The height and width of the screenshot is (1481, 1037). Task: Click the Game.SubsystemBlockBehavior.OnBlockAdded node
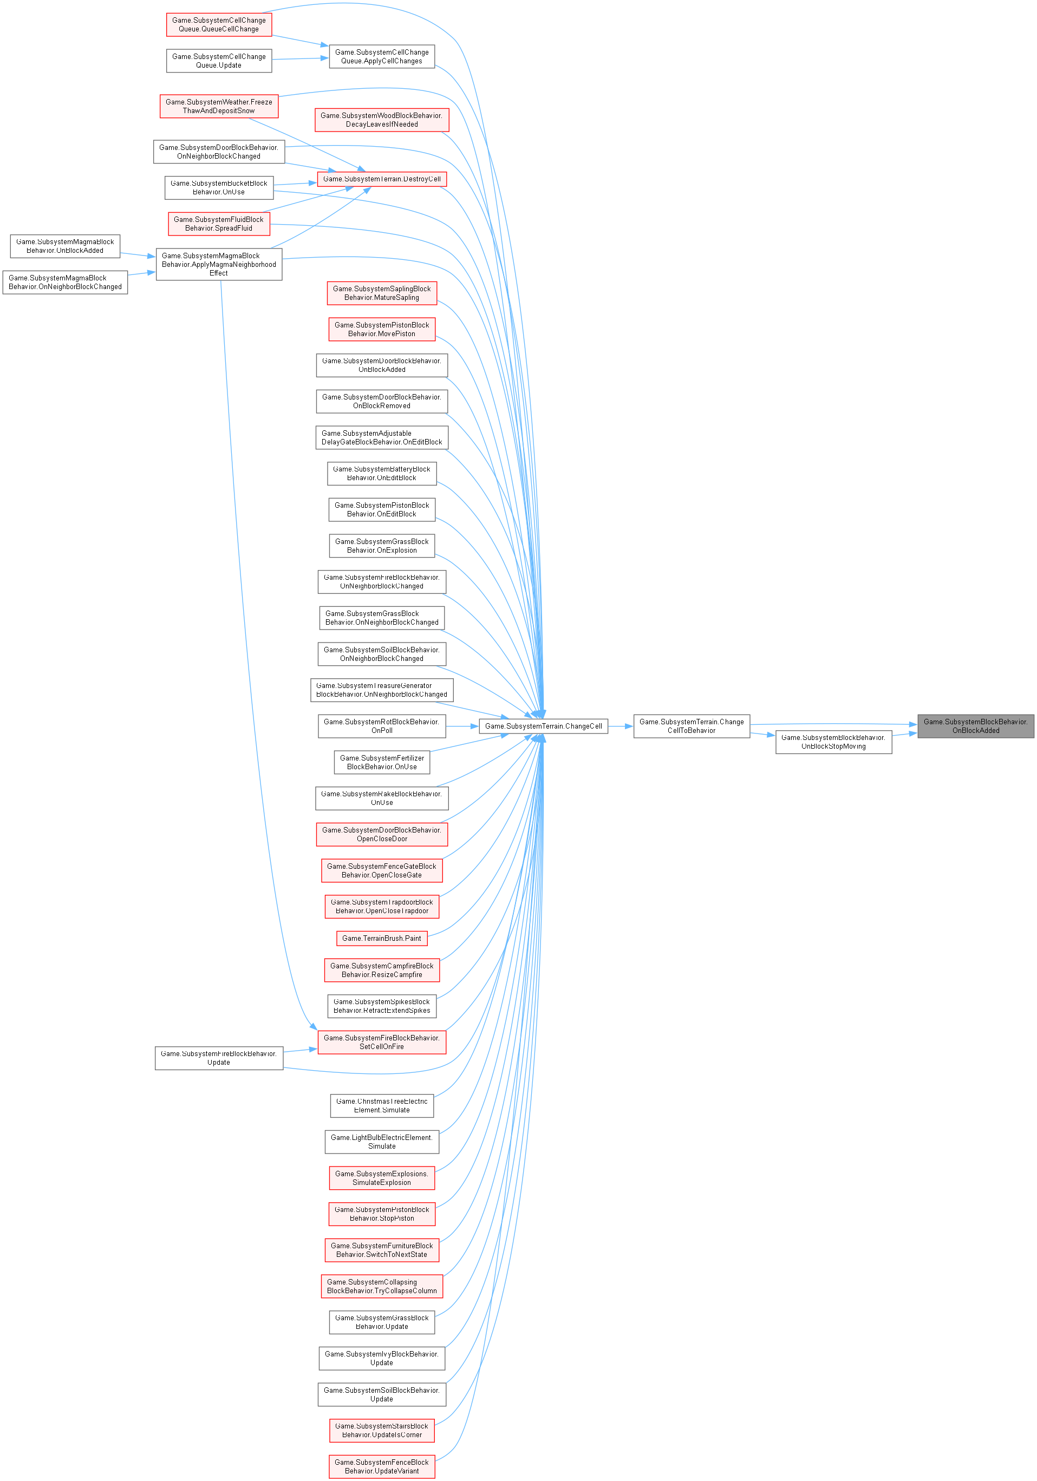975,726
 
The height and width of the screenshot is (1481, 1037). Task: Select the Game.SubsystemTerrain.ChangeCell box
543,726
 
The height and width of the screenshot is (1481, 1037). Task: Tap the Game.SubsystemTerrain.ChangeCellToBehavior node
691,726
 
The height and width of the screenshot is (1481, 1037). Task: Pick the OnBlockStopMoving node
833,742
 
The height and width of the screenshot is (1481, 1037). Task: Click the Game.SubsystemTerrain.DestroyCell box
381,179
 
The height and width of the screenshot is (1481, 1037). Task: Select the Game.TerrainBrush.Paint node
381,939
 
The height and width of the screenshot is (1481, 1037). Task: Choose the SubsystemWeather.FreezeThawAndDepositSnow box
219,107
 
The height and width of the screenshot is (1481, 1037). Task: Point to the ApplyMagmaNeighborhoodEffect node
219,265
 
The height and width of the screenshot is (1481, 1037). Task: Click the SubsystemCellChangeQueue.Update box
219,61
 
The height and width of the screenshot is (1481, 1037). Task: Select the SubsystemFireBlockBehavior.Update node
219,1058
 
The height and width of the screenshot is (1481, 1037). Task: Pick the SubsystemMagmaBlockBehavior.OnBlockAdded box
65,246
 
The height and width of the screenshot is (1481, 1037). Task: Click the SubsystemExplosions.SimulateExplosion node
381,1178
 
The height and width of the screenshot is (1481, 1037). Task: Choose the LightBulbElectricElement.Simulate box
381,1142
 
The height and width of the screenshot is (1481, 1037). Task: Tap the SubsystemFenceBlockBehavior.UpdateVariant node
381,1467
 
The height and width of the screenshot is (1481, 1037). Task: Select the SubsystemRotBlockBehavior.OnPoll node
381,726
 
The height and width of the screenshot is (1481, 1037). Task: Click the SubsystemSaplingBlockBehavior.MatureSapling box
381,293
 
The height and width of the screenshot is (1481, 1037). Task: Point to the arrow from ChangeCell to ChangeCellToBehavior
620,726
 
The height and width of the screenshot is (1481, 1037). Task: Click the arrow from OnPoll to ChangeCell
462,726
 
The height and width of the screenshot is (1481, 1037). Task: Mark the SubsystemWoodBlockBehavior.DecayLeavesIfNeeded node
381,120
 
